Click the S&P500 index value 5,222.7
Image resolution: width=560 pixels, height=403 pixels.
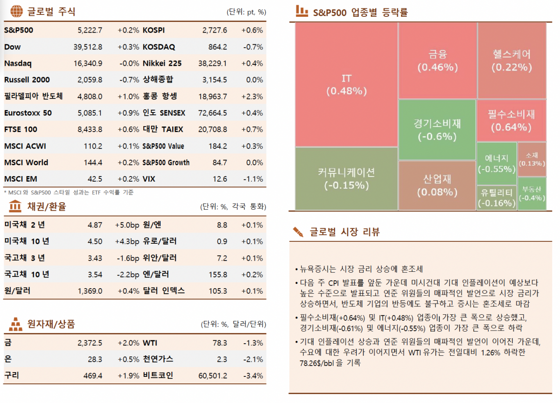pos(90,30)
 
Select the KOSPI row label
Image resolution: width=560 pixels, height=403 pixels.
pos(154,30)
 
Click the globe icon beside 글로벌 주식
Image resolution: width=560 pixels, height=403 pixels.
pos(16,11)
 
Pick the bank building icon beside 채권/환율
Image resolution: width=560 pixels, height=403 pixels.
pos(15,206)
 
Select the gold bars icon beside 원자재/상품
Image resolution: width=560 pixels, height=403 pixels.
pos(15,323)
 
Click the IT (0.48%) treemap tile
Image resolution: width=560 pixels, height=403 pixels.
pos(346,85)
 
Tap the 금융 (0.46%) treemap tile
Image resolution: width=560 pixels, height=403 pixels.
pos(437,61)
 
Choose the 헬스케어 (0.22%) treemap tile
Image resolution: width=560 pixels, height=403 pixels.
pos(511,61)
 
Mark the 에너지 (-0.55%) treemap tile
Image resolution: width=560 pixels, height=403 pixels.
pos(497,163)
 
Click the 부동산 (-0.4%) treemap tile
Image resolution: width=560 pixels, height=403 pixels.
pos(532,193)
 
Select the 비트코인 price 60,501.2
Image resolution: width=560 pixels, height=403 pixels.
pos(213,376)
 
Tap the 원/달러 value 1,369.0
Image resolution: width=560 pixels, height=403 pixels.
pos(90,291)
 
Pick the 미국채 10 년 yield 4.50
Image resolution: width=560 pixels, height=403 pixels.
pos(95,241)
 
